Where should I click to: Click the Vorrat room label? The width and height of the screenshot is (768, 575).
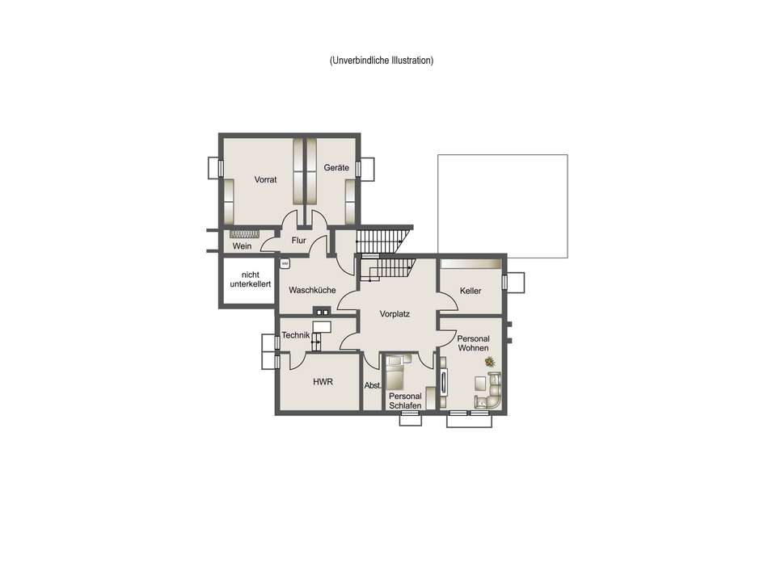coord(265,179)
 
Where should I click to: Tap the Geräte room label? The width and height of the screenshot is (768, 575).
coord(336,167)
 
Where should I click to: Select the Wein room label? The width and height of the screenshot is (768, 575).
coord(242,246)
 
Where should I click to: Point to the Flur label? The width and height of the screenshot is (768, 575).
coord(299,241)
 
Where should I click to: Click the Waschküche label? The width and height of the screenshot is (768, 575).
coord(313,290)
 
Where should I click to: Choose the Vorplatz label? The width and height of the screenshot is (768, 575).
coord(395,313)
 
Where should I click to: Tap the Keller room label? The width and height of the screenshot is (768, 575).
coord(471,291)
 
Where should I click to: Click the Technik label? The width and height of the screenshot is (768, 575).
coord(296,335)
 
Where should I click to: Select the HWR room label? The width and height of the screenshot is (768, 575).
coord(323,382)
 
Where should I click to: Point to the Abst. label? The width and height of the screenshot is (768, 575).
coord(373,385)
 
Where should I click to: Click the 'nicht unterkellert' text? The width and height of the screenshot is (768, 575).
coord(251,279)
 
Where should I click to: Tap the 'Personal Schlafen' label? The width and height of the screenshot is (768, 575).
coord(405,401)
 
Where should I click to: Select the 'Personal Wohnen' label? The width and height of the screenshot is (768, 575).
coord(473,343)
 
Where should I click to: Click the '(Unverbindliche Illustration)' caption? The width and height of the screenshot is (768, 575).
coord(382,61)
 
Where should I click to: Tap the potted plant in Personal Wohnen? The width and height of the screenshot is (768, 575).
coord(490,362)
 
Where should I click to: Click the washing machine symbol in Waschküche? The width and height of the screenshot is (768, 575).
coord(285,264)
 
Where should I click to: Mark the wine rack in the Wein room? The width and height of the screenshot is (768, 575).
coord(244,234)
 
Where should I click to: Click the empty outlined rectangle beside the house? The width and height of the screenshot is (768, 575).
coord(503,155)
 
